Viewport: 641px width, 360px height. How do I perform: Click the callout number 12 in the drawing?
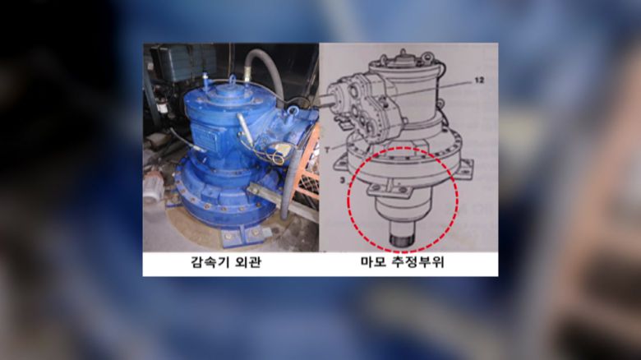(x=479, y=81)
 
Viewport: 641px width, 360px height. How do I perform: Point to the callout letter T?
(x=327, y=150)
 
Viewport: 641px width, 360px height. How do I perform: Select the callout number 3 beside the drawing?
(x=342, y=180)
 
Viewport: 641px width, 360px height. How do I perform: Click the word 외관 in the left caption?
(x=248, y=262)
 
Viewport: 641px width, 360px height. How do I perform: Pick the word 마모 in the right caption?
(x=374, y=262)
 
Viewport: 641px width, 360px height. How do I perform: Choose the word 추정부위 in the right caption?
(x=418, y=262)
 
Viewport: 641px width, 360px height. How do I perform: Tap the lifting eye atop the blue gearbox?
(x=233, y=79)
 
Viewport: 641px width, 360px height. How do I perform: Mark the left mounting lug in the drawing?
(x=342, y=167)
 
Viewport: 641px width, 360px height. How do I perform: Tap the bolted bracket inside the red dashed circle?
(x=390, y=189)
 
